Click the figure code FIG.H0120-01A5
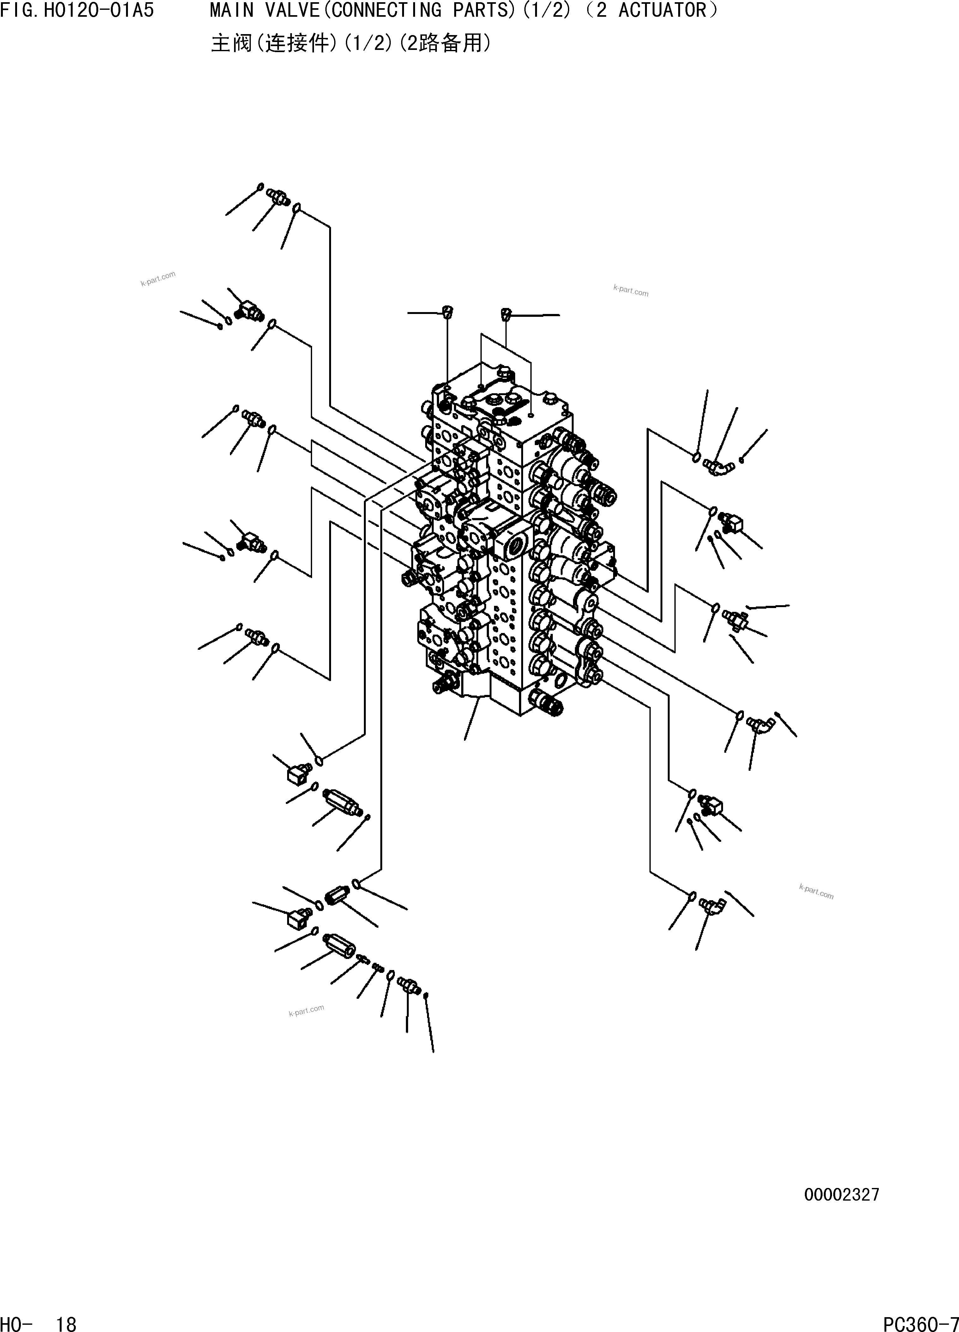pyautogui.click(x=77, y=10)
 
